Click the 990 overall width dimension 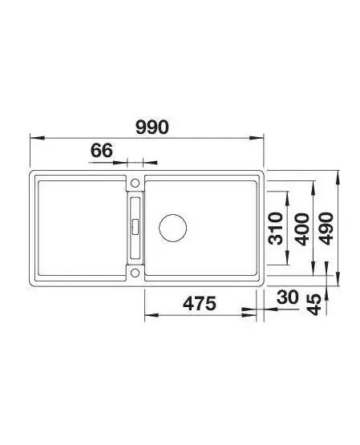click(x=152, y=127)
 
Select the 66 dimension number click(x=102, y=150)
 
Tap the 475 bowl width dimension click(x=200, y=303)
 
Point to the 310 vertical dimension click(x=276, y=229)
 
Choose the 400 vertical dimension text click(x=301, y=229)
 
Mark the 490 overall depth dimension click(x=326, y=229)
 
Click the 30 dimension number click(x=288, y=297)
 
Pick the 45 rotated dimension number click(x=314, y=305)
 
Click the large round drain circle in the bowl click(x=172, y=228)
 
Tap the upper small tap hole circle click(x=135, y=183)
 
